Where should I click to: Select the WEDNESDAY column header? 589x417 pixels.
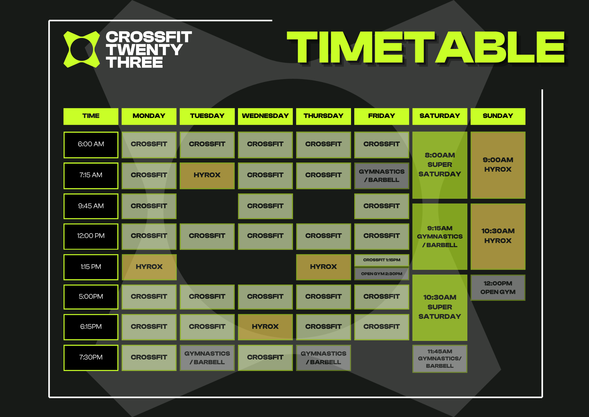tap(265, 116)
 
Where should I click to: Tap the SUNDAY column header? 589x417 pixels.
tap(498, 116)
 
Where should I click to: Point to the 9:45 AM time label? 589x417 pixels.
tap(91, 206)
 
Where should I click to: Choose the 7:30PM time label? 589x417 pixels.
tap(91, 357)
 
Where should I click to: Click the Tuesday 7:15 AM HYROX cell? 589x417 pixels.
tap(207, 175)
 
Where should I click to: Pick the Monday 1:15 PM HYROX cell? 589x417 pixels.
tap(149, 267)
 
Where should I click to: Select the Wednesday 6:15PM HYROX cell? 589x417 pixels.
tap(265, 327)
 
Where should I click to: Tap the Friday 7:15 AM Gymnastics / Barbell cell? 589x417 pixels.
tap(382, 175)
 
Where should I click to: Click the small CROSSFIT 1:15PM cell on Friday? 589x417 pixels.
tap(382, 260)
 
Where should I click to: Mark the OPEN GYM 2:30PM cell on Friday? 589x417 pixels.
tap(382, 274)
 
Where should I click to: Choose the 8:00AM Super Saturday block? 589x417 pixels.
tap(440, 165)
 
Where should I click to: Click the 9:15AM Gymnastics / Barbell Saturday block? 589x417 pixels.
tap(440, 237)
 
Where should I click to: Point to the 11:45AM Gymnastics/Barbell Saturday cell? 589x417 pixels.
tap(440, 359)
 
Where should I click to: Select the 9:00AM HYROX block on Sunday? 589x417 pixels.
tap(498, 165)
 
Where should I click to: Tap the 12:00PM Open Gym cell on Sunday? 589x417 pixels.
tap(498, 288)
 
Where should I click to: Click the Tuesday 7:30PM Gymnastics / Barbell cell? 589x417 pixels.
tap(207, 358)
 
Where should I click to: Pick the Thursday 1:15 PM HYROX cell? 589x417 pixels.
tap(323, 267)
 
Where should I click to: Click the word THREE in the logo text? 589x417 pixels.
tap(134, 63)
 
